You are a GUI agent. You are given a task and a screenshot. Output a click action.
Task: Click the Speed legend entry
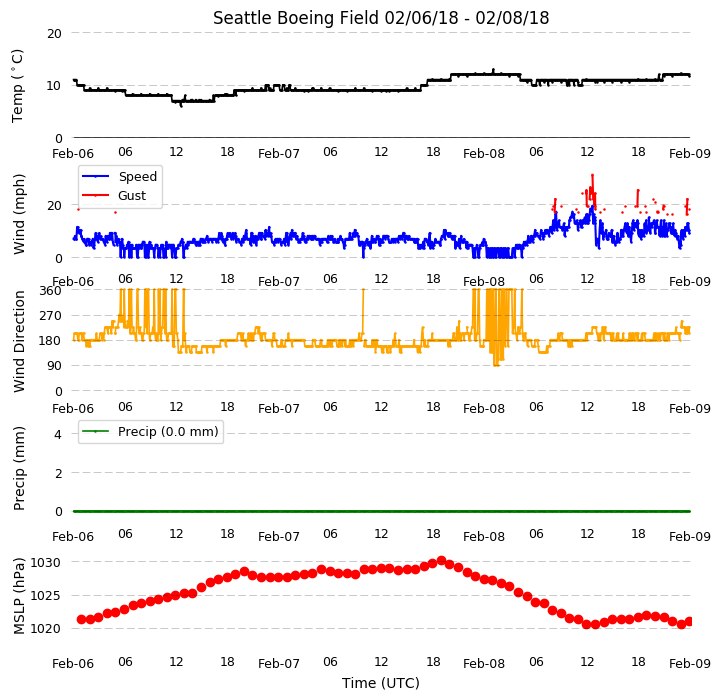119,176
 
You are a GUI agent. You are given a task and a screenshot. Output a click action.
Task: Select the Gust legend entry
114,195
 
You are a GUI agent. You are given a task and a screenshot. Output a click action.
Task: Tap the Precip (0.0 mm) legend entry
149,431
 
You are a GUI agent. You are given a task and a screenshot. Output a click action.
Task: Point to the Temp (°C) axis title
17,86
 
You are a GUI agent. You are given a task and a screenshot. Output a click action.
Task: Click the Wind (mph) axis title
18,214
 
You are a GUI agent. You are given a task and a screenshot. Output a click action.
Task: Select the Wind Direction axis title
18,341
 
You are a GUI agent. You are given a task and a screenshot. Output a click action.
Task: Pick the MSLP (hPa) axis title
18,596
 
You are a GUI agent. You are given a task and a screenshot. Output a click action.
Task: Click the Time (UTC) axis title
381,683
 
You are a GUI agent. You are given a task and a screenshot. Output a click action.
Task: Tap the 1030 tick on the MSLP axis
46,562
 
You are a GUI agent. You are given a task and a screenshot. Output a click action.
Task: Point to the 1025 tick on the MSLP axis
46,596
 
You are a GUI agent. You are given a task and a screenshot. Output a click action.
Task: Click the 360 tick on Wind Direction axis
51,291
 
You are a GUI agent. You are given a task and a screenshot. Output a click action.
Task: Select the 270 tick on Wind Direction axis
51,316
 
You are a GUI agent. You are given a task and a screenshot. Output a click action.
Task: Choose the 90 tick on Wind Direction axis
54,366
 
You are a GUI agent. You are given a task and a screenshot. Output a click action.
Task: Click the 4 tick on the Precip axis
57,434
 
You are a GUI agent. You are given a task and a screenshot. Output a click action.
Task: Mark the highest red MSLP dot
441,560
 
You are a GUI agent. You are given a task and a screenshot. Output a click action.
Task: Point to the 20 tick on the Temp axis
54,34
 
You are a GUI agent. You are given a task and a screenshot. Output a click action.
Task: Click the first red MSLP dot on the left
81,620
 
